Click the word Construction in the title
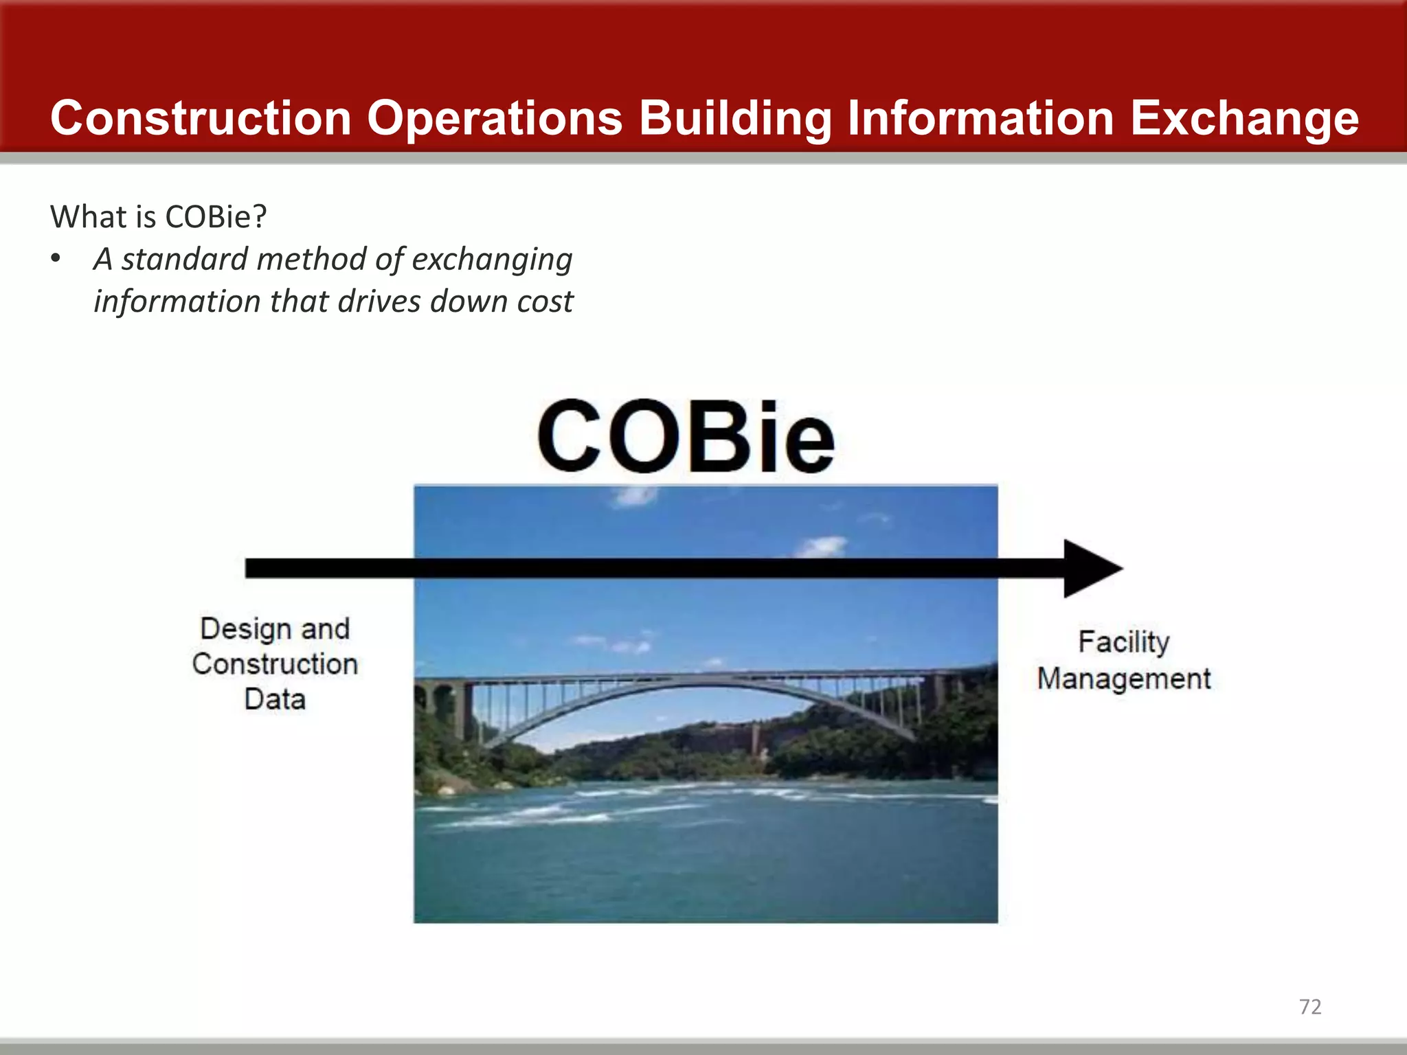point(201,118)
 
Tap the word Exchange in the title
point(1244,118)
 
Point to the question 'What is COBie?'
point(158,217)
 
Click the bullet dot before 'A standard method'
point(56,260)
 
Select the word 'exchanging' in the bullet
point(492,260)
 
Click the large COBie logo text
point(686,437)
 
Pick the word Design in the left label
point(245,628)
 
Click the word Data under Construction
point(275,699)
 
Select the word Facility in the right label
point(1123,642)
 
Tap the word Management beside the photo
point(1123,679)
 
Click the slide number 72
point(1309,1006)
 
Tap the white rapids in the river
point(550,814)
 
